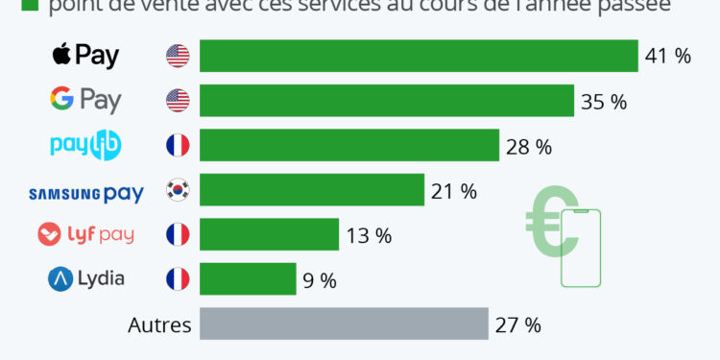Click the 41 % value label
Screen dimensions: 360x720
[x=668, y=57]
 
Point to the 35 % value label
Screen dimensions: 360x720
[x=604, y=102]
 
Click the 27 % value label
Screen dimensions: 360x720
[x=518, y=324]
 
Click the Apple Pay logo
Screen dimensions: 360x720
[x=85, y=56]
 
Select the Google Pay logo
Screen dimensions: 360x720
[x=85, y=100]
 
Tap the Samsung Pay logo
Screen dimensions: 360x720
[x=85, y=193]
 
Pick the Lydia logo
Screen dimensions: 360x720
[x=85, y=279]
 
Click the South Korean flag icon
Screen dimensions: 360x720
[x=178, y=190]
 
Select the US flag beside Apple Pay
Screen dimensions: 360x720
[x=178, y=56]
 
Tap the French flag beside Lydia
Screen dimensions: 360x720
[x=178, y=279]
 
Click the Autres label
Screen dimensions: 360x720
[x=159, y=324]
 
